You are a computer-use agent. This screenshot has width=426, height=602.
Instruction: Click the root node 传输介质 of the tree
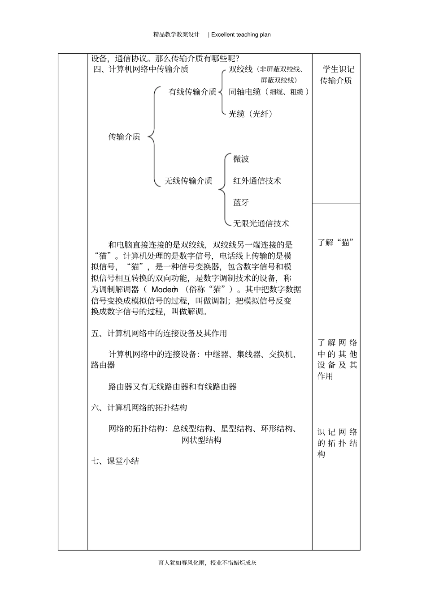coord(124,137)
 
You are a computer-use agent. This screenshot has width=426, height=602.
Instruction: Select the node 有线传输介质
coord(192,92)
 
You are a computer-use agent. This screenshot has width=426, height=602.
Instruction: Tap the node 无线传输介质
coord(188,181)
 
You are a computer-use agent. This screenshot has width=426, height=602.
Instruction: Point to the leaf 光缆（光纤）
coord(251,114)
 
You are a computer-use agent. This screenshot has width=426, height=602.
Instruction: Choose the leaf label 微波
coord(241,159)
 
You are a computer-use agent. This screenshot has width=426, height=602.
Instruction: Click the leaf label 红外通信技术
coord(257,181)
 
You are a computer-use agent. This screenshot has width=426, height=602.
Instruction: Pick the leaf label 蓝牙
coord(241,203)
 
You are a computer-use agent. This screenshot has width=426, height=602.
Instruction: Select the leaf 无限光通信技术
coord(261,223)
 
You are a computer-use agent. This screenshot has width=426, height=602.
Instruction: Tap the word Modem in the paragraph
coord(165,290)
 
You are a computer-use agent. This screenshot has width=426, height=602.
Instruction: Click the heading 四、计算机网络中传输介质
coord(140,69)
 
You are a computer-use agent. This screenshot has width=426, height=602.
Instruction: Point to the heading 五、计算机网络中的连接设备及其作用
coord(159,333)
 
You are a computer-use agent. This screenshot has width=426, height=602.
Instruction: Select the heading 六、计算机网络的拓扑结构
coord(139,408)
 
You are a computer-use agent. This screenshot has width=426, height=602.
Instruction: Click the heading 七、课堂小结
coord(115,461)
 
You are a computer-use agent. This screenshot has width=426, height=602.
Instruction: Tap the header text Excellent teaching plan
coord(241,34)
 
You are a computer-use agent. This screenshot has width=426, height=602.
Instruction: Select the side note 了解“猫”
coord(336,243)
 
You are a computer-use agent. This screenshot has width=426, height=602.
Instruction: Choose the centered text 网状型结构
coord(201,440)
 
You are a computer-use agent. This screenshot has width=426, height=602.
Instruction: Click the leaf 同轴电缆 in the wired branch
coord(245,92)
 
